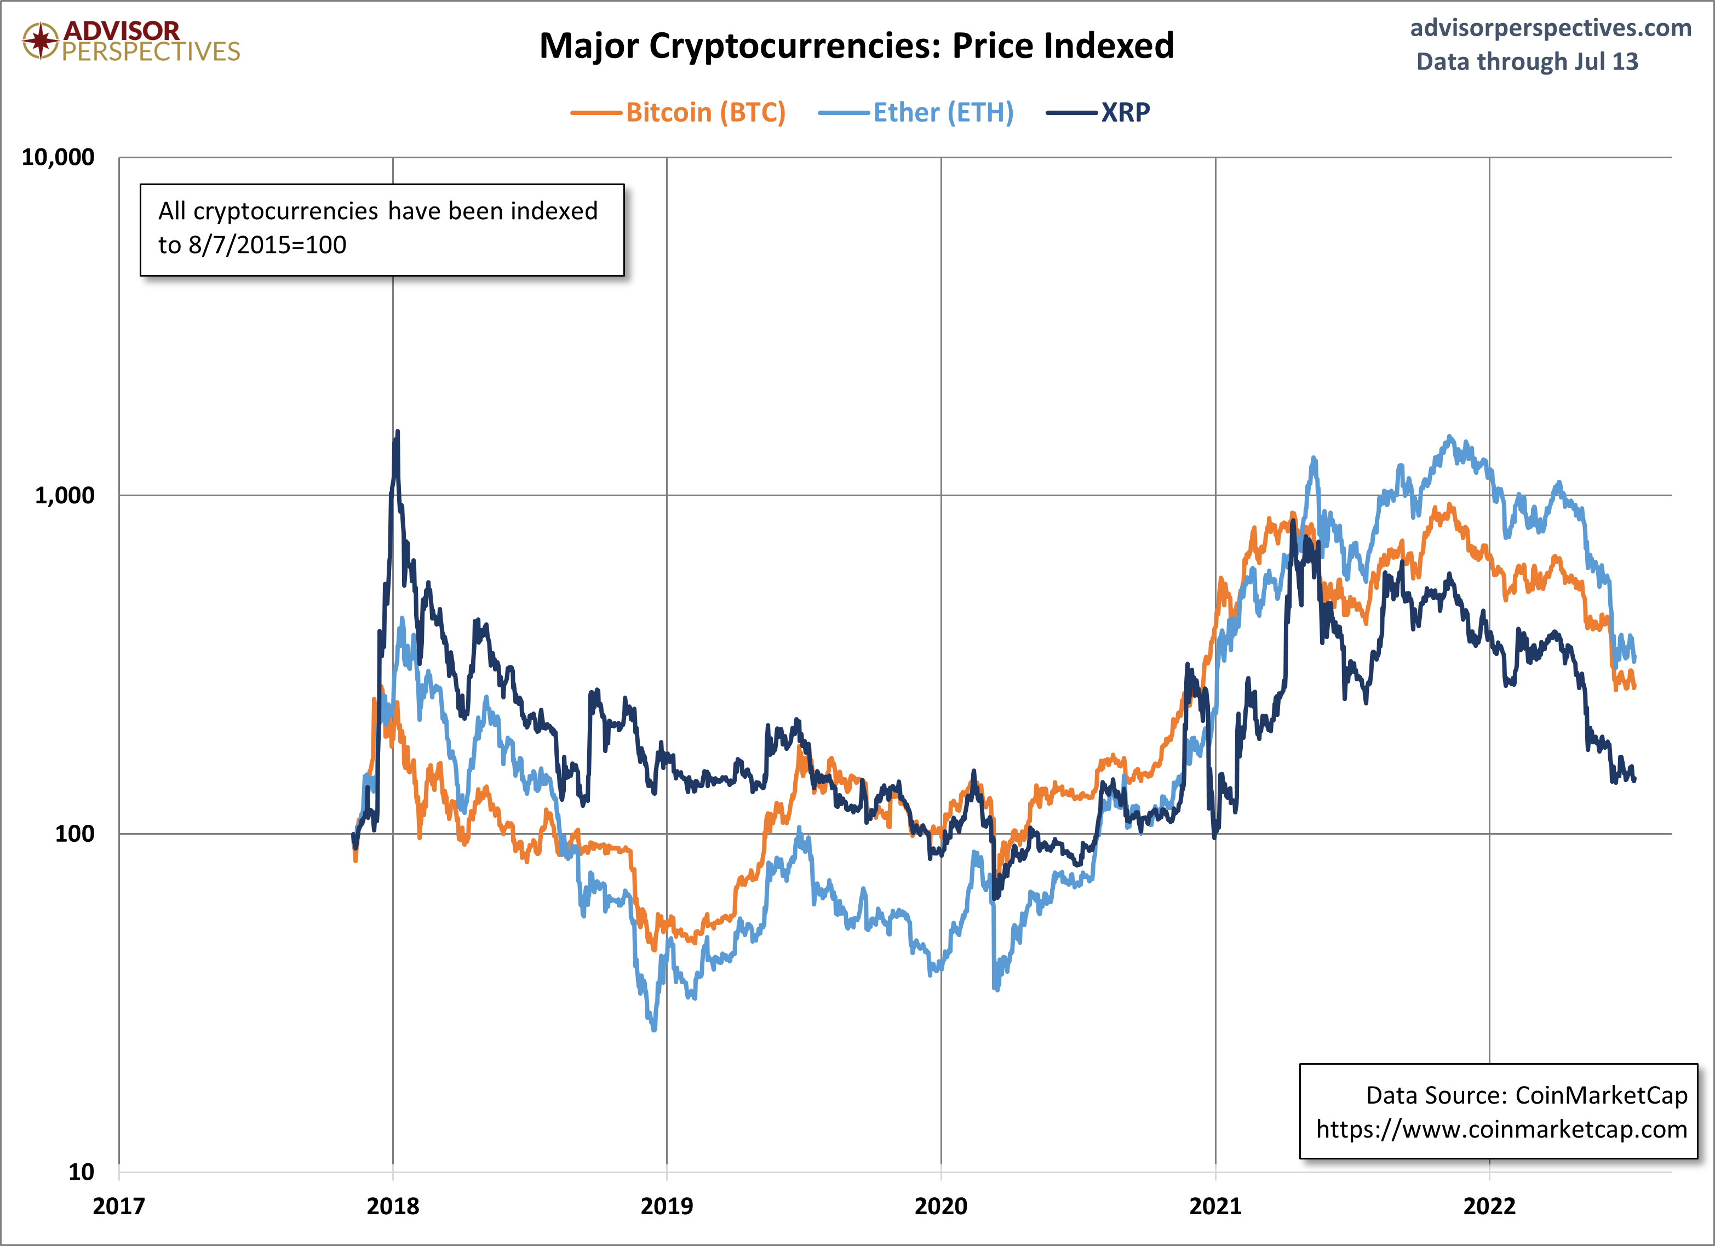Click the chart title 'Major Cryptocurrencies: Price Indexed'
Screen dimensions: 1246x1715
[x=856, y=46]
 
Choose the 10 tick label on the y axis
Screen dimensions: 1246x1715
[x=81, y=1172]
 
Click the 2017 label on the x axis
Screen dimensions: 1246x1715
[x=119, y=1206]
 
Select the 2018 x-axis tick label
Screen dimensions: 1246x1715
[x=392, y=1206]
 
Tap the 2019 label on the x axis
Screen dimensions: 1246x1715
[x=666, y=1206]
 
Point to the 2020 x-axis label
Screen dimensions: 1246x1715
[x=940, y=1206]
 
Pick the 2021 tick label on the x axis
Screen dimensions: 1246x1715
[x=1215, y=1206]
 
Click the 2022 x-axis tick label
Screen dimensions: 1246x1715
[x=1489, y=1206]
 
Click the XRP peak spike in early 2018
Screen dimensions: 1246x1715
[x=397, y=433]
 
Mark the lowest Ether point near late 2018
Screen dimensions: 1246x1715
[x=654, y=1028]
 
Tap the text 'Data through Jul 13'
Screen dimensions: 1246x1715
[x=1527, y=61]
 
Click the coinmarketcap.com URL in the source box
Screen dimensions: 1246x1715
[x=1501, y=1129]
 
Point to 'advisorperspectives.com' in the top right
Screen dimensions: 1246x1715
[x=1550, y=28]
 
